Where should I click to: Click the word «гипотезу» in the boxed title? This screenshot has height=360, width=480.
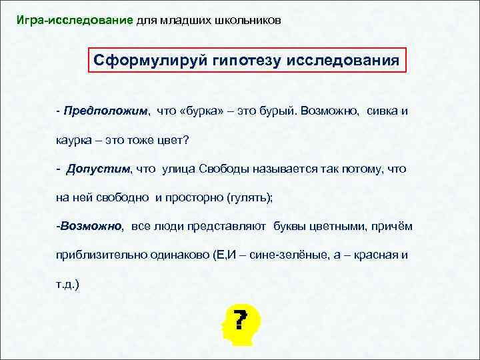click(244, 60)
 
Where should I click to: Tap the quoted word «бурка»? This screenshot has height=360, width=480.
click(200, 111)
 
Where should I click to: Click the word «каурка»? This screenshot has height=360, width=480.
click(73, 141)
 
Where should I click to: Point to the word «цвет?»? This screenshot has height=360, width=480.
click(175, 141)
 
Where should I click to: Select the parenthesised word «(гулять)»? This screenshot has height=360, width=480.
click(249, 198)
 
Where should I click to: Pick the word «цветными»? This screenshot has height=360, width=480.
click(330, 227)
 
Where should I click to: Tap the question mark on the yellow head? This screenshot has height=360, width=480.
click(241, 322)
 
